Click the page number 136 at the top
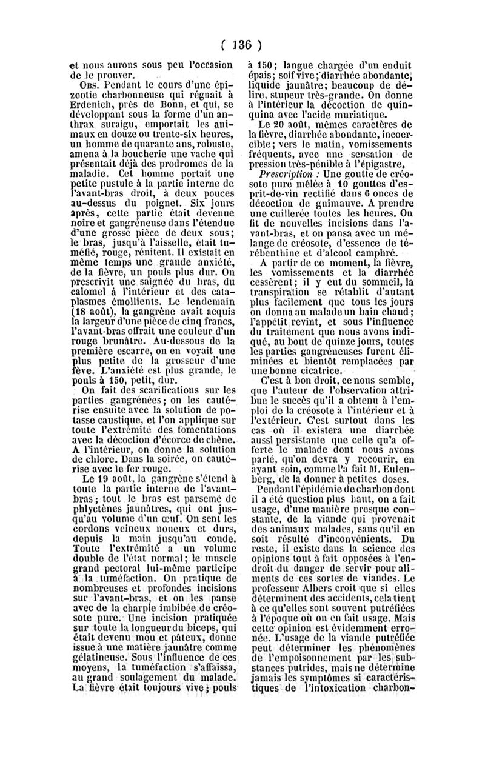pos(242,44)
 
